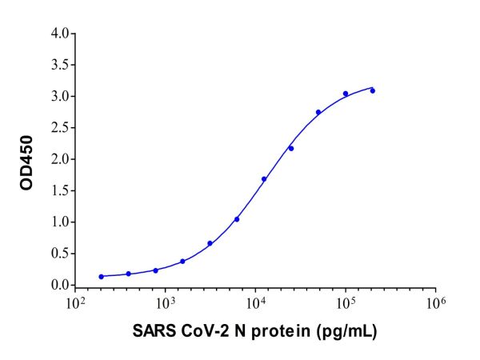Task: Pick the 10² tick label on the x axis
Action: coord(75,303)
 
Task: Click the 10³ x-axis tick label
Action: coord(166,303)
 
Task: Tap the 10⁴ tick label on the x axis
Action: coord(255,303)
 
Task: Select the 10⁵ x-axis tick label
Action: coord(346,303)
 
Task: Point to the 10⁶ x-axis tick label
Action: coord(435,303)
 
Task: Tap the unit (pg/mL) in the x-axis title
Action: coord(346,331)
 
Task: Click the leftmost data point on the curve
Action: coord(102,277)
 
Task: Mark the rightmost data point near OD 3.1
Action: coord(373,90)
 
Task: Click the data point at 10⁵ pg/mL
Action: coord(346,94)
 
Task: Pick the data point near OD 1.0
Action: coord(237,219)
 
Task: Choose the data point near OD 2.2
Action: coord(291,148)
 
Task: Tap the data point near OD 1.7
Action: coord(264,179)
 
